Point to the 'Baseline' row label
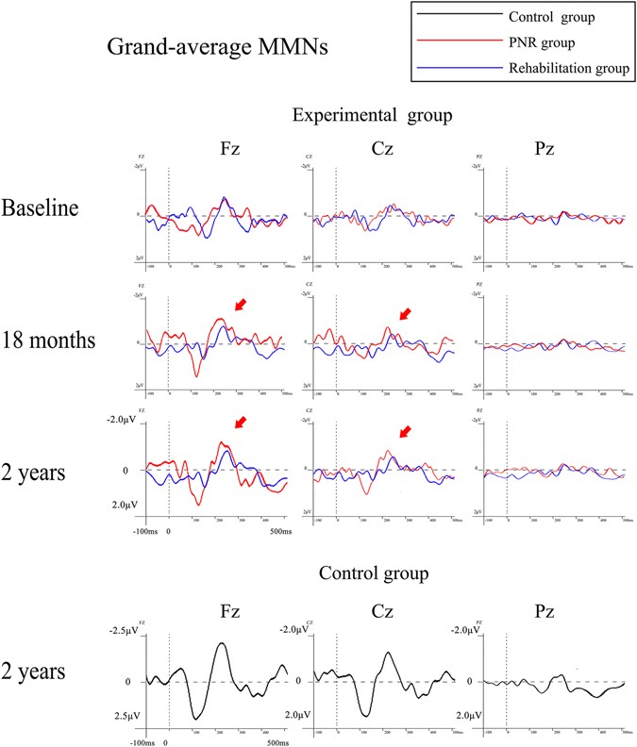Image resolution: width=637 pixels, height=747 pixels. pos(41,208)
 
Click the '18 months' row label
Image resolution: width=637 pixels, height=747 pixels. pos(48,340)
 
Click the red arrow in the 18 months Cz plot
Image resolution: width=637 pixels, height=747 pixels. pos(406,312)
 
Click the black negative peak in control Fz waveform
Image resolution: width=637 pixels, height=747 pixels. pos(221,644)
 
